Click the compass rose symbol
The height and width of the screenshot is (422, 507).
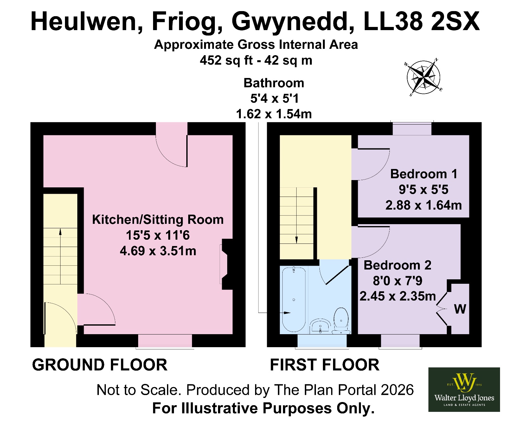tap(423, 77)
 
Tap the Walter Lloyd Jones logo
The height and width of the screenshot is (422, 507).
tap(464, 389)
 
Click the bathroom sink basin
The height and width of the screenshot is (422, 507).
tap(320, 326)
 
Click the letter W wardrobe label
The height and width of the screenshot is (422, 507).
tap(460, 309)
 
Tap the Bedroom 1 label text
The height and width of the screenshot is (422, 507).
tap(424, 174)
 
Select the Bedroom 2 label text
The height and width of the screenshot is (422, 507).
tap(397, 265)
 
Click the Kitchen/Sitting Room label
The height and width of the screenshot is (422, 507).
tap(158, 219)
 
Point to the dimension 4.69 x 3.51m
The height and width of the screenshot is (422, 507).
tap(158, 251)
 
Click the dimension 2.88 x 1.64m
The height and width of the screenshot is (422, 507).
tap(424, 205)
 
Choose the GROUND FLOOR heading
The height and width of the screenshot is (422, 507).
tap(99, 365)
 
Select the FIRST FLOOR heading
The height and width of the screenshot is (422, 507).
tap(324, 365)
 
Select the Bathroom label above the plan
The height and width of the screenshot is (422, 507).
tap(274, 83)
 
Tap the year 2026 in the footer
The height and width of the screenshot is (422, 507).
tap(397, 390)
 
